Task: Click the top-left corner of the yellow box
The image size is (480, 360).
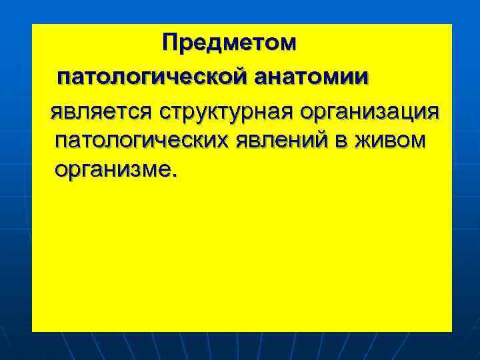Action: coord(32,25)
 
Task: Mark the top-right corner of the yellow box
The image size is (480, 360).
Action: coord(452,25)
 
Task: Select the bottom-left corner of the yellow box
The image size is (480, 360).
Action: coord(32,331)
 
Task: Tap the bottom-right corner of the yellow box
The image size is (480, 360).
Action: coord(452,331)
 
